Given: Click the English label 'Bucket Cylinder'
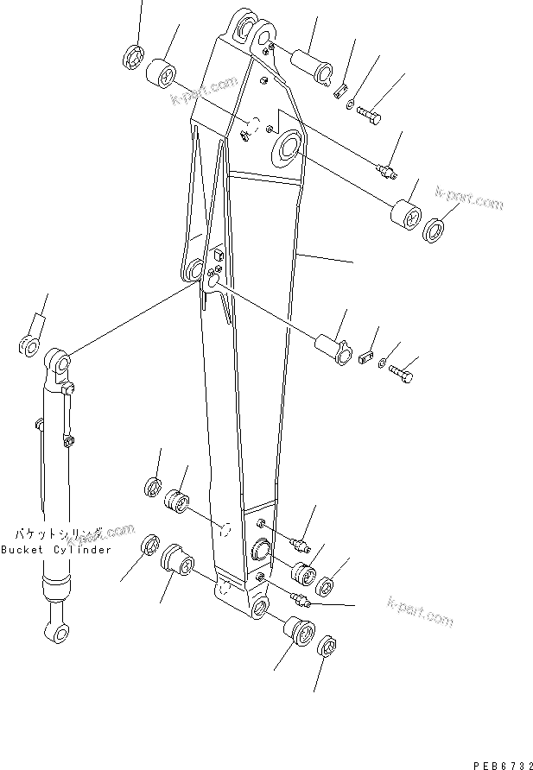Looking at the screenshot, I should coord(56,550).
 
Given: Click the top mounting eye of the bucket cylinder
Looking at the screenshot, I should coord(57,361).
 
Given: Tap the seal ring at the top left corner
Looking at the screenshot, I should coord(134,58).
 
